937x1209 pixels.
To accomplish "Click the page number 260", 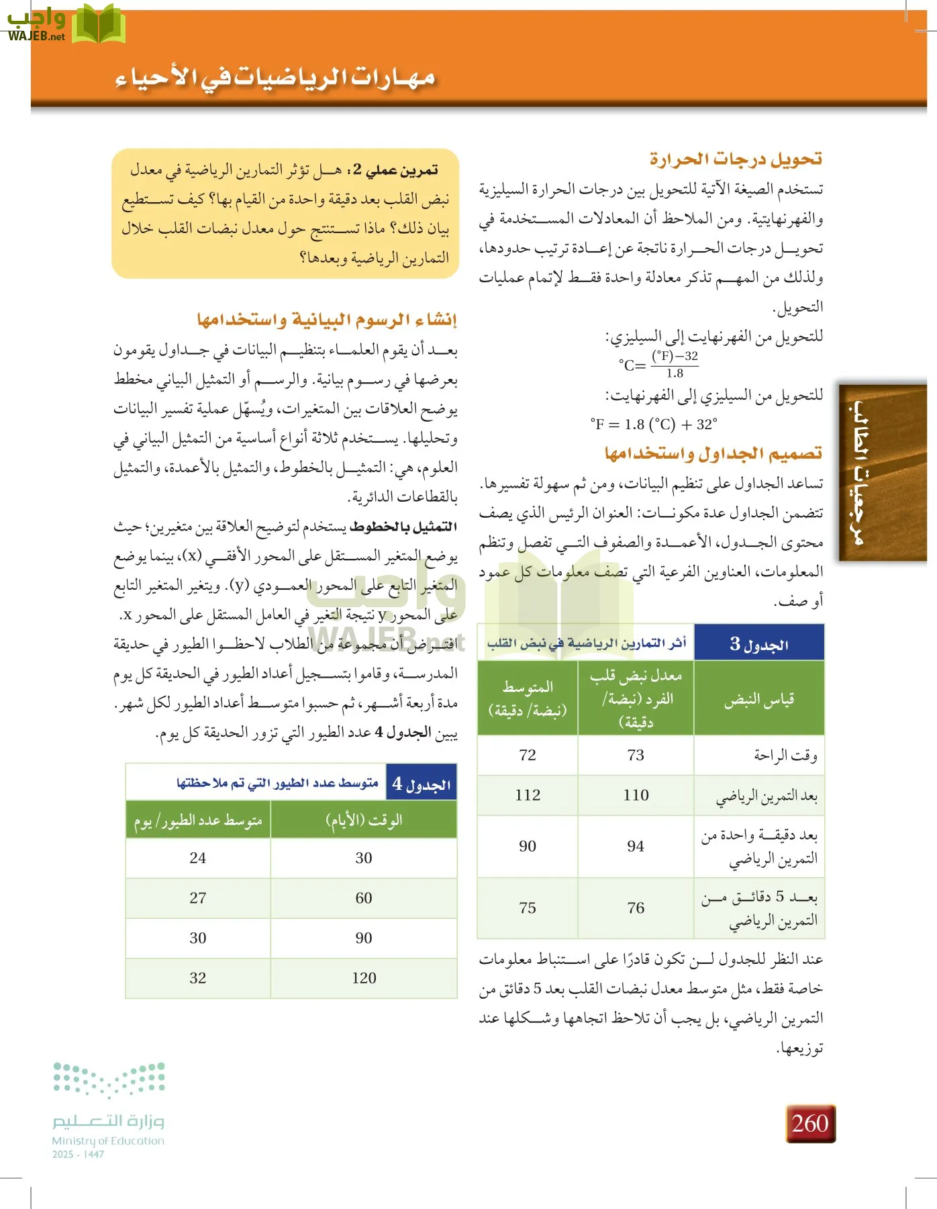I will pyautogui.click(x=810, y=1123).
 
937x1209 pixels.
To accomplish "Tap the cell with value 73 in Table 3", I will pyautogui.click(x=636, y=755).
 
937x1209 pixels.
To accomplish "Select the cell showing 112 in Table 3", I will pyautogui.click(x=528, y=795).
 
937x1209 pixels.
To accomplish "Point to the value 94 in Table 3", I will pyautogui.click(x=636, y=846).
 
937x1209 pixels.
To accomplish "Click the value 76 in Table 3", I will pyautogui.click(x=636, y=908).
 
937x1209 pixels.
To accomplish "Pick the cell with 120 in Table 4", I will pyautogui.click(x=364, y=978).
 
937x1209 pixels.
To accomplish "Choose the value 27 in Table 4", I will pyautogui.click(x=197, y=898).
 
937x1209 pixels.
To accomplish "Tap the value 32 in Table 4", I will pyautogui.click(x=197, y=978).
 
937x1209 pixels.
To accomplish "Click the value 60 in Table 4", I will pyautogui.click(x=364, y=898).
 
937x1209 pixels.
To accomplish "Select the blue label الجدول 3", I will pyautogui.click(x=759, y=644).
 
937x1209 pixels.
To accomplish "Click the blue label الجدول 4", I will pyautogui.click(x=422, y=783).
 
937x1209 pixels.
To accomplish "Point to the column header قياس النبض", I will pyautogui.click(x=759, y=700).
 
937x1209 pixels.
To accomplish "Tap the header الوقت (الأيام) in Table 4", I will pyautogui.click(x=364, y=820).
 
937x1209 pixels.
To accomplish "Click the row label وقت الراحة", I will pyautogui.click(x=785, y=756).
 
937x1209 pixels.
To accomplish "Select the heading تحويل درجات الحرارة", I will pyautogui.click(x=736, y=159).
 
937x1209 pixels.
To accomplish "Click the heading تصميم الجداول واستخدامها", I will pyautogui.click(x=713, y=453).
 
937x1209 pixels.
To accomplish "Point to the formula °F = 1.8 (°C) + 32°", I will pyautogui.click(x=654, y=424).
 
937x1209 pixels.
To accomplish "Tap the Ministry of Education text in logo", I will pyautogui.click(x=108, y=1140).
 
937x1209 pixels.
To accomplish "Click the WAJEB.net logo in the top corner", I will pyautogui.click(x=66, y=25).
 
